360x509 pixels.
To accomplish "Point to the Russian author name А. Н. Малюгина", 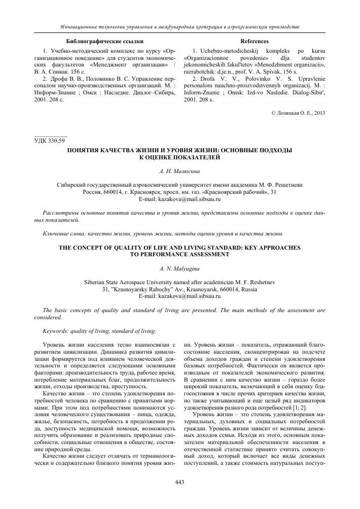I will (179, 173).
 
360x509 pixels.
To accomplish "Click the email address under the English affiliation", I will (179, 294).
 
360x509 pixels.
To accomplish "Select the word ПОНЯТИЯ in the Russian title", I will (87, 151).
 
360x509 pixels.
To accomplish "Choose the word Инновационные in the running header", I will (79, 26).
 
